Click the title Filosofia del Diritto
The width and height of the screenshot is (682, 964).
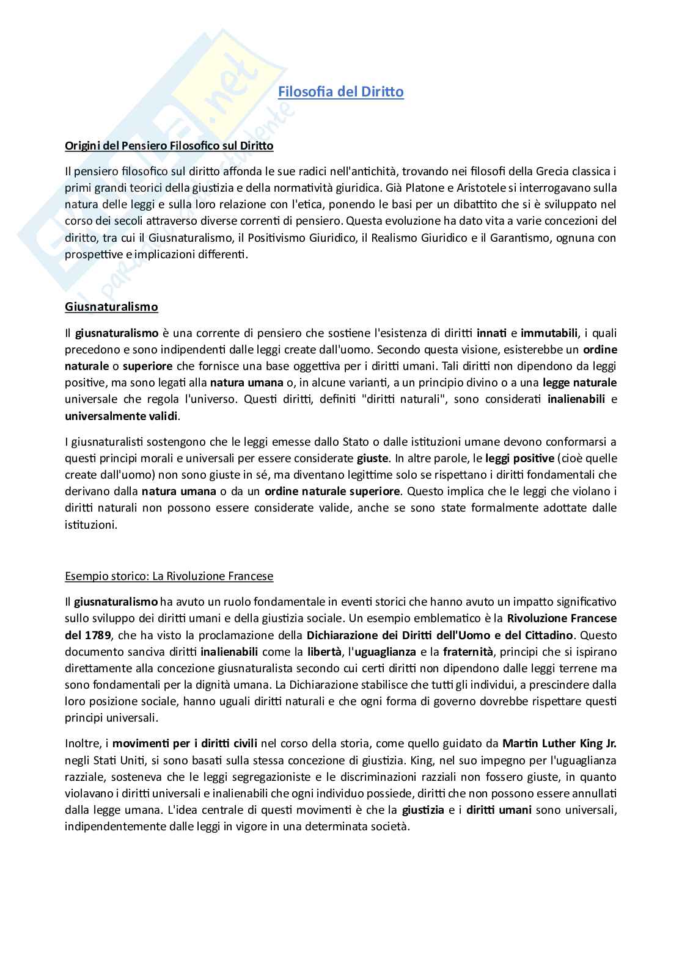coord(340,92)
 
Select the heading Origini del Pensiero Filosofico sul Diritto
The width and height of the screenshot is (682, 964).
coord(169,145)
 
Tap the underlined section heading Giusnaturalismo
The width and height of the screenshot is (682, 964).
coord(111,306)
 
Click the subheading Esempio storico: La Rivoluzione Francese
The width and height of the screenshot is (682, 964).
coord(169,576)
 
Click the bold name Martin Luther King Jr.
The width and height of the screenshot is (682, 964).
coord(559,744)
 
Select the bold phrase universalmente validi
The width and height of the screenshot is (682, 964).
coord(122,416)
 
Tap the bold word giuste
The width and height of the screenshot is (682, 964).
coord(372,458)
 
